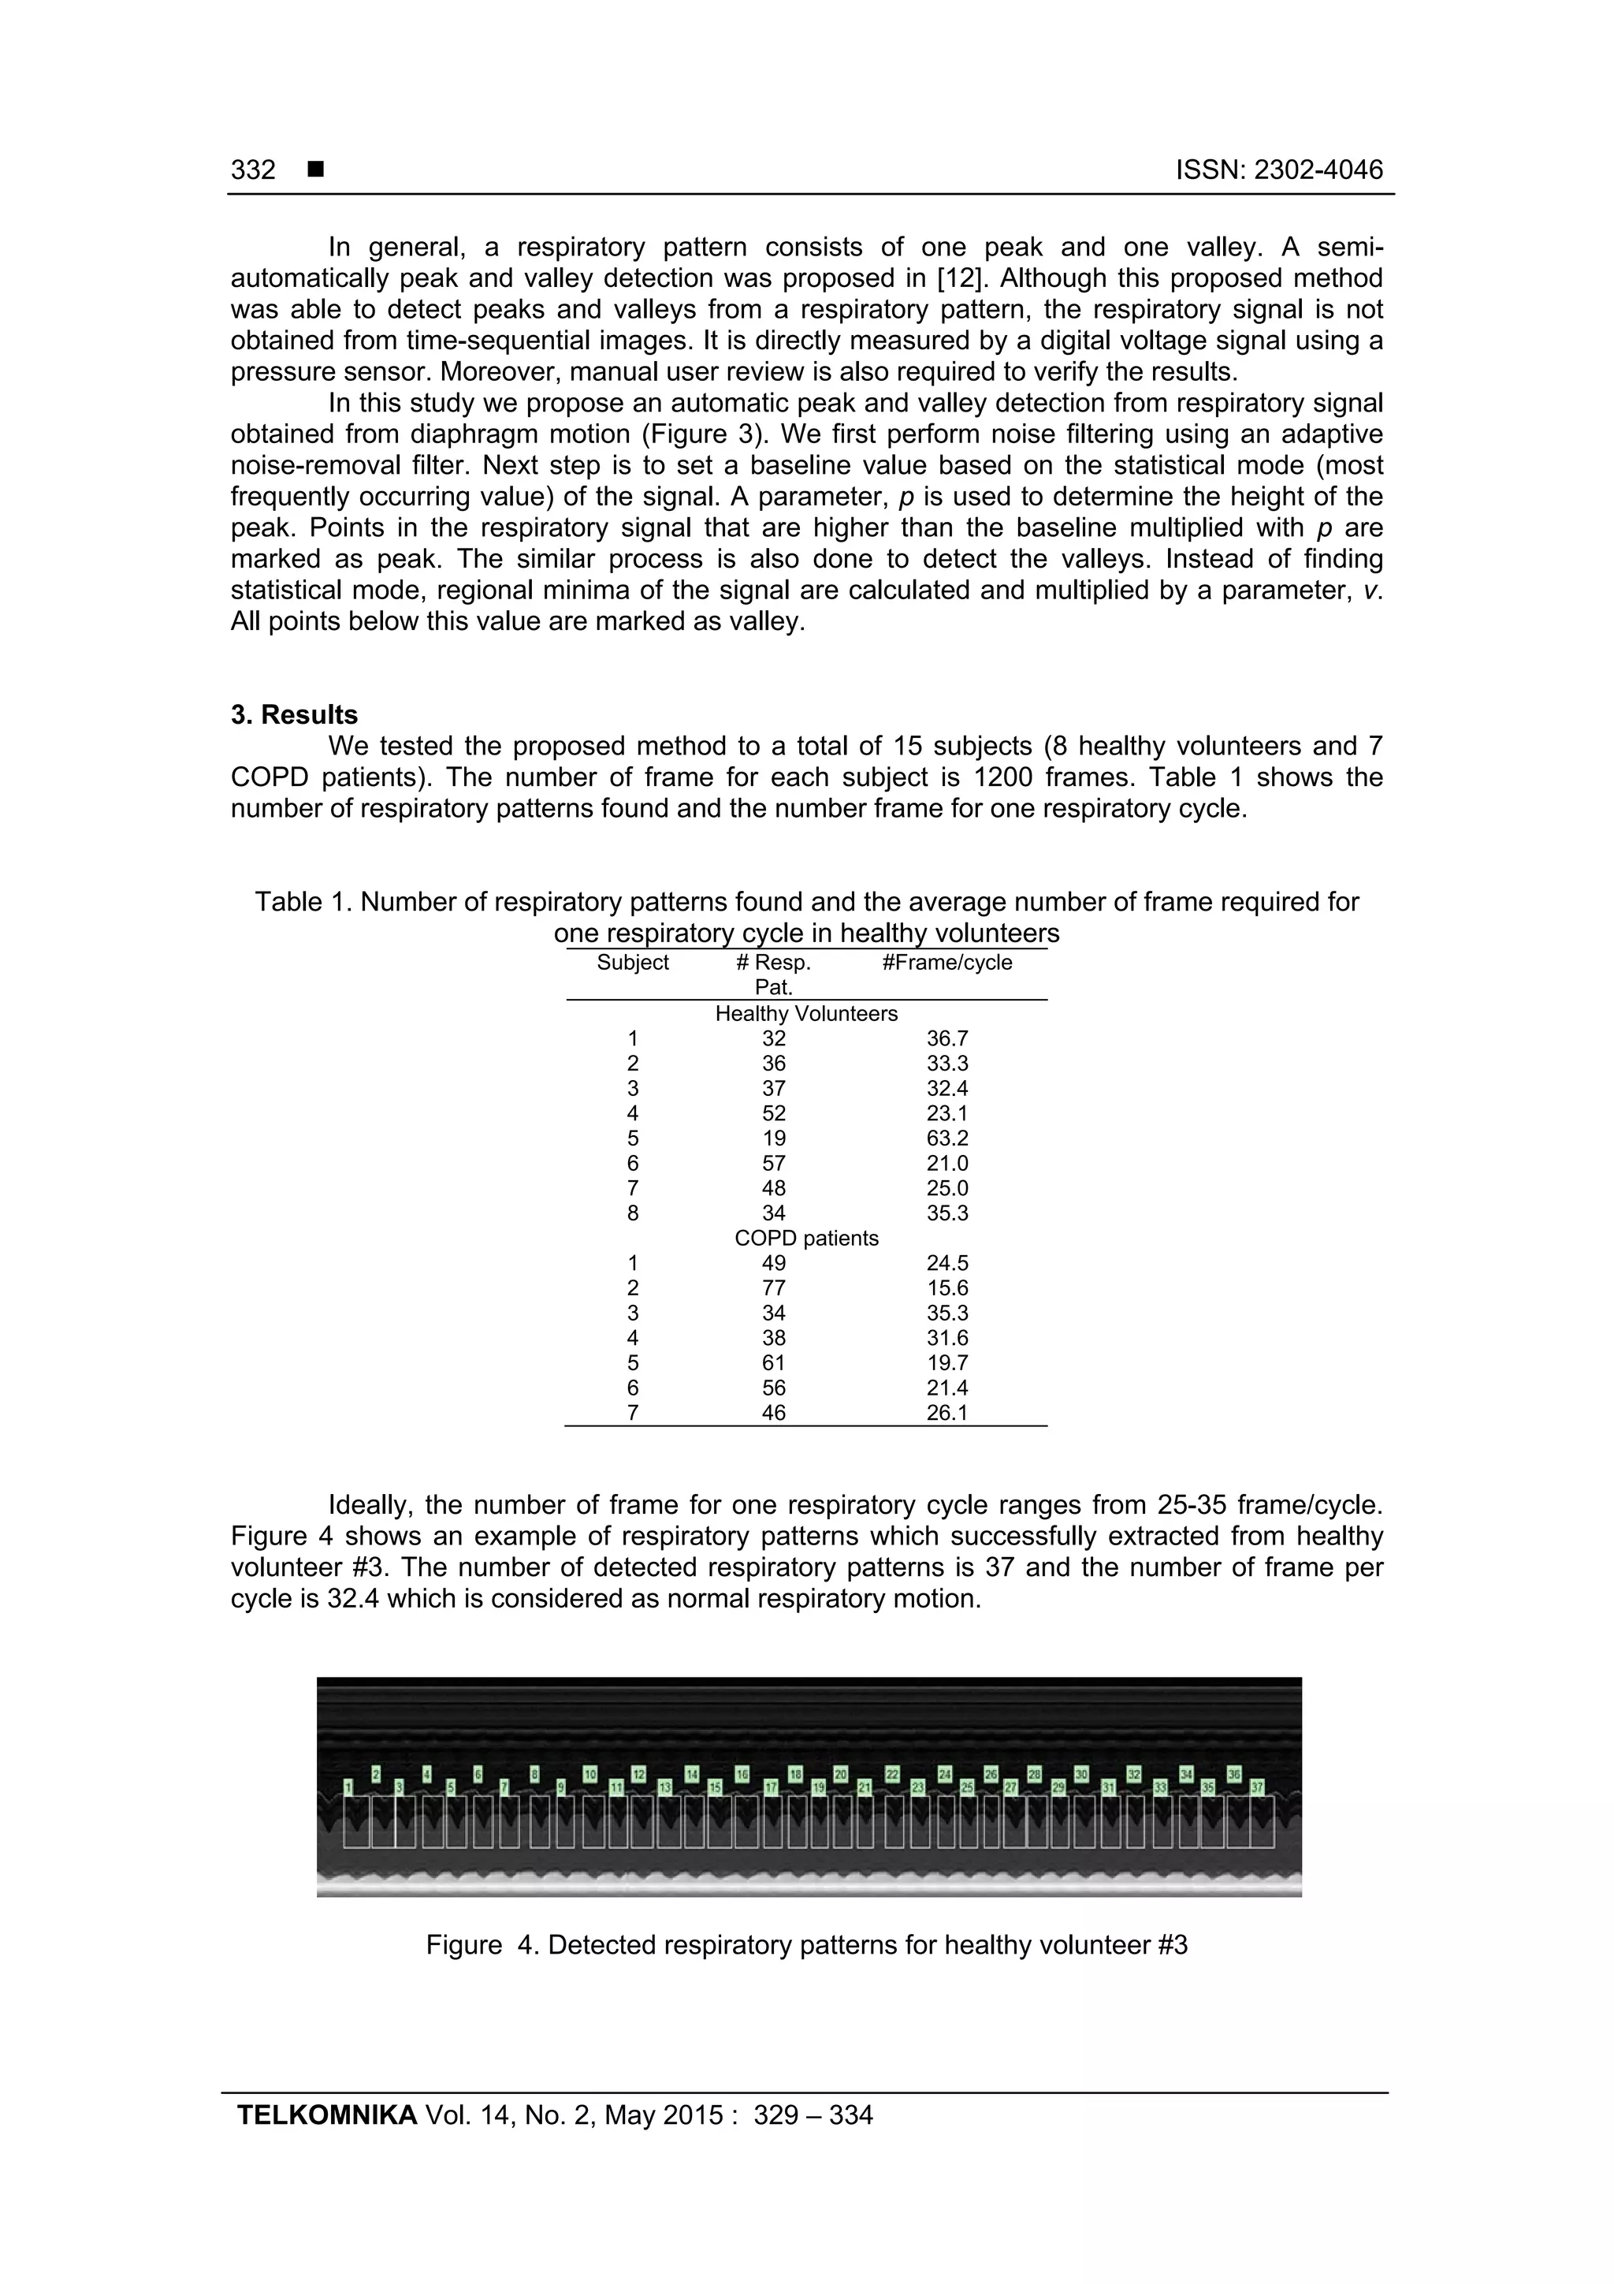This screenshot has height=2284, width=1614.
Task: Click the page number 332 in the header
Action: tap(253, 170)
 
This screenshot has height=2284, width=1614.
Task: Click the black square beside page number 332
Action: tap(316, 170)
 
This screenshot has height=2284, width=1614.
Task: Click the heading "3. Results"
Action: tap(295, 714)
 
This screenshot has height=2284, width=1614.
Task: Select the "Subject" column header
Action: tap(633, 962)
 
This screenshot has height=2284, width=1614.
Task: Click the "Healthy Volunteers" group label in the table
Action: tap(805, 1014)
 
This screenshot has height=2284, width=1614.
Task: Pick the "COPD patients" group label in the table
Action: tap(805, 1239)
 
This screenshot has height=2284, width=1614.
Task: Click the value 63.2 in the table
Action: tap(946, 1138)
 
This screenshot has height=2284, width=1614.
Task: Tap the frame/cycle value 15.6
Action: tap(946, 1288)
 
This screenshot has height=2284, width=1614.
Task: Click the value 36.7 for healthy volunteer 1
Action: tap(946, 1038)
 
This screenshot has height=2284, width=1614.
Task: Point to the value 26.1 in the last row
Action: tap(946, 1413)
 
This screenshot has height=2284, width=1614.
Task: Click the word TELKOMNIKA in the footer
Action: tap(326, 2115)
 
